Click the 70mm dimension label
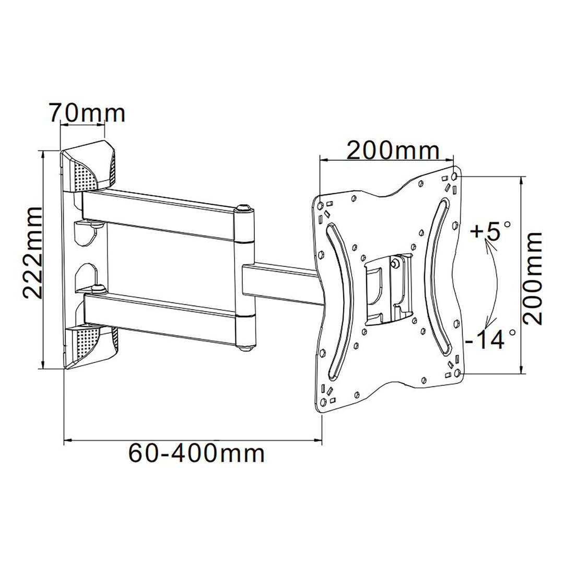tap(87, 113)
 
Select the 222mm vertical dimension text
tap(32, 252)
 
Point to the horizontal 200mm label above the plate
tap(393, 151)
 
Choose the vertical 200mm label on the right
tap(534, 278)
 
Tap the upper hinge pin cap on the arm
tap(243, 208)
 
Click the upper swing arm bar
tap(162, 214)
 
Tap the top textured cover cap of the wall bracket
tap(89, 167)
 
